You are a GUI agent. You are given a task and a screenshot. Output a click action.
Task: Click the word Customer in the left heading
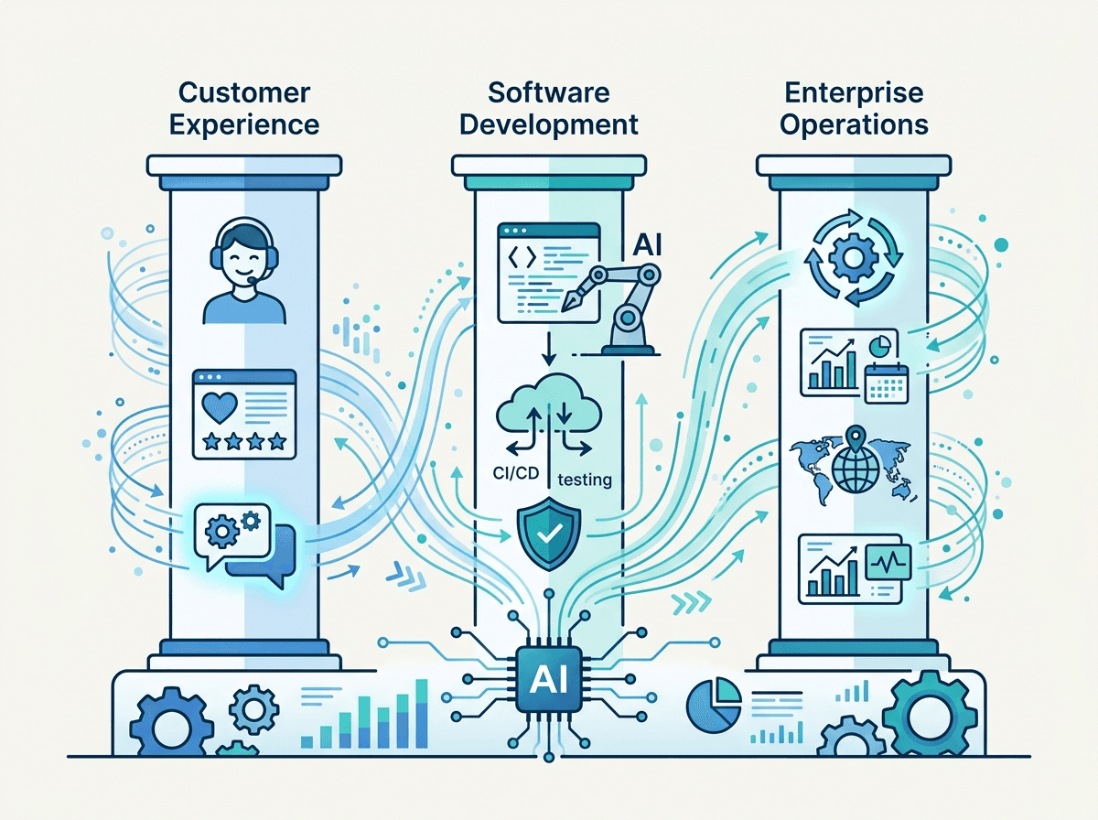pos(244,93)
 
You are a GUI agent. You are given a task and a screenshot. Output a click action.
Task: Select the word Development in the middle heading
pos(549,124)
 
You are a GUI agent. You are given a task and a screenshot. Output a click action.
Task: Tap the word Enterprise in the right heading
pos(854,93)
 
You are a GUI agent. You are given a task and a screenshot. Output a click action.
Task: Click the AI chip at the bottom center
pos(549,679)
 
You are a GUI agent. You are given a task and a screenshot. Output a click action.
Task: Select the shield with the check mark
pos(549,534)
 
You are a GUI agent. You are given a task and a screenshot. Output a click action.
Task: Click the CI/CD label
pos(516,473)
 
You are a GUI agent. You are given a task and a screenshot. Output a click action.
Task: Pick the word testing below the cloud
pos(585,480)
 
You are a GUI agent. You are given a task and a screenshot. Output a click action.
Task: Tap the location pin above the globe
pos(856,438)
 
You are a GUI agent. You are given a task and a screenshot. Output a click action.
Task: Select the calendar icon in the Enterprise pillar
pos(886,383)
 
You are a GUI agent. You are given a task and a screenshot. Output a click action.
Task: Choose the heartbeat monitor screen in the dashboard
pos(888,562)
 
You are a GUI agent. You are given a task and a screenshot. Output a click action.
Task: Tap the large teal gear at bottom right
pos(929,715)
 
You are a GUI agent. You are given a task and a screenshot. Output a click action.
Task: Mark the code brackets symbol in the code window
pos(522,257)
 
